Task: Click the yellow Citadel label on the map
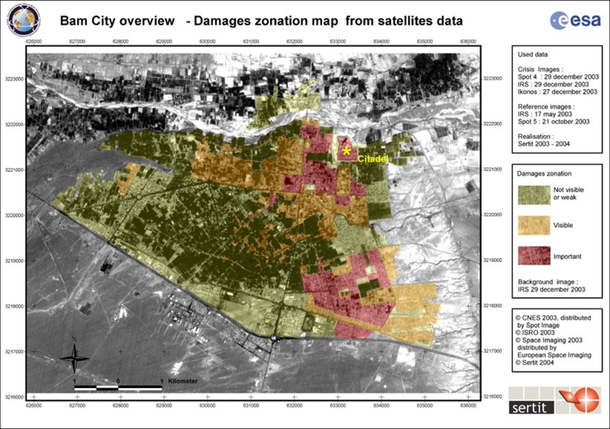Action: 373,158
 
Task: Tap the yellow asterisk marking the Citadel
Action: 346,151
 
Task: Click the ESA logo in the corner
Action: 575,21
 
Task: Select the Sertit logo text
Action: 531,408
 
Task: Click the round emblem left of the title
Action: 24,20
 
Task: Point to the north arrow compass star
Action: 74,359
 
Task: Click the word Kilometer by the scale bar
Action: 183,381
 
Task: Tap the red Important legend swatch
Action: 534,256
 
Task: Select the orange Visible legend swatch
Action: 534,225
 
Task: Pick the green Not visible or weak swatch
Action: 534,195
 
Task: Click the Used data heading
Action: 532,54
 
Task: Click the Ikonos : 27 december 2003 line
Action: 557,92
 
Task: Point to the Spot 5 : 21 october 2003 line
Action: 553,122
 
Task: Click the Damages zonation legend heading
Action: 544,174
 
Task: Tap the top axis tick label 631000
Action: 251,41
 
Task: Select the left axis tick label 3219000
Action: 14,261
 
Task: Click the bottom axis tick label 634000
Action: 381,406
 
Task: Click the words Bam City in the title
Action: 88,21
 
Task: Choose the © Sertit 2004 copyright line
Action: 535,362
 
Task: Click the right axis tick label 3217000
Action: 492,351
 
